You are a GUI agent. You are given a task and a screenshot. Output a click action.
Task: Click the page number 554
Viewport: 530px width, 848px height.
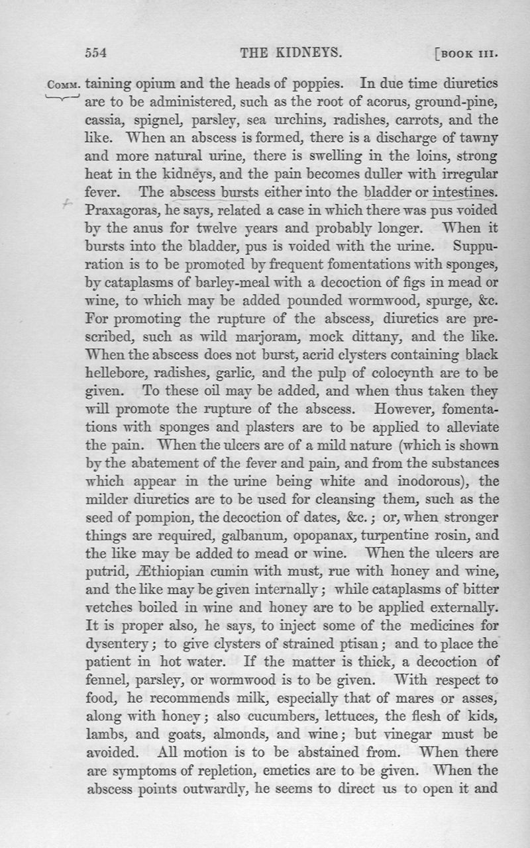pos(97,53)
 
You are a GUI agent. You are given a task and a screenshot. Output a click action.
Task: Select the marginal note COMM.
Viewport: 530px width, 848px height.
pos(64,85)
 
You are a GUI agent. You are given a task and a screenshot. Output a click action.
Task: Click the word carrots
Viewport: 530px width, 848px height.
pos(409,121)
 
